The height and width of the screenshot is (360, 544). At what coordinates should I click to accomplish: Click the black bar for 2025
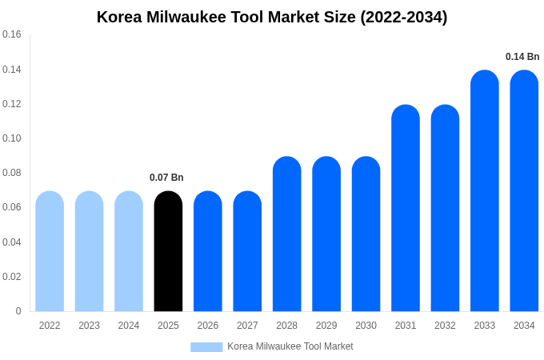(168, 252)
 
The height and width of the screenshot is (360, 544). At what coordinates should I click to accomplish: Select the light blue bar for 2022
(50, 252)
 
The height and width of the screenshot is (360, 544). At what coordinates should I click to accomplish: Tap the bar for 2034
(524, 192)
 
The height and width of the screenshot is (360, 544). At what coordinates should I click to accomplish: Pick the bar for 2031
(406, 208)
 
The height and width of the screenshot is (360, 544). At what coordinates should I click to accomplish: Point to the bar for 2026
(208, 252)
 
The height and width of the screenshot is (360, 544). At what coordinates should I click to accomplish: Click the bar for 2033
(485, 192)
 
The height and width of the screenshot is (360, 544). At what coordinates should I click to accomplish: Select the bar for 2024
(129, 252)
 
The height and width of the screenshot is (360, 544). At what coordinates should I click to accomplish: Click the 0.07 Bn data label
(166, 178)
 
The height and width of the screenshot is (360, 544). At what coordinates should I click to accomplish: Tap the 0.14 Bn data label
(522, 57)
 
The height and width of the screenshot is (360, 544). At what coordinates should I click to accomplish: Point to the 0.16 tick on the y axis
(12, 34)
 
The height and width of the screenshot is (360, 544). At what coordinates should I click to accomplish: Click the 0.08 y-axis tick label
(12, 173)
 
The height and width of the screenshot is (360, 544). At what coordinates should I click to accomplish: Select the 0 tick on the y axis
(18, 311)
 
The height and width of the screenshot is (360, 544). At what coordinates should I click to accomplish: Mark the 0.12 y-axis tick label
(12, 104)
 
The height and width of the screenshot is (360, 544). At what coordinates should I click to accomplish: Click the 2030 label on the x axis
(366, 326)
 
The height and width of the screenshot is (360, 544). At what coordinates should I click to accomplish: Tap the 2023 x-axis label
(89, 326)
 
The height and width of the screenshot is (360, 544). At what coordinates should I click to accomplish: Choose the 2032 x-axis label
(445, 326)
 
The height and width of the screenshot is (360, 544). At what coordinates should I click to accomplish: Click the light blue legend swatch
(206, 346)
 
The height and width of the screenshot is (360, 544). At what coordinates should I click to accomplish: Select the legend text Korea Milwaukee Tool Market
(290, 346)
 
